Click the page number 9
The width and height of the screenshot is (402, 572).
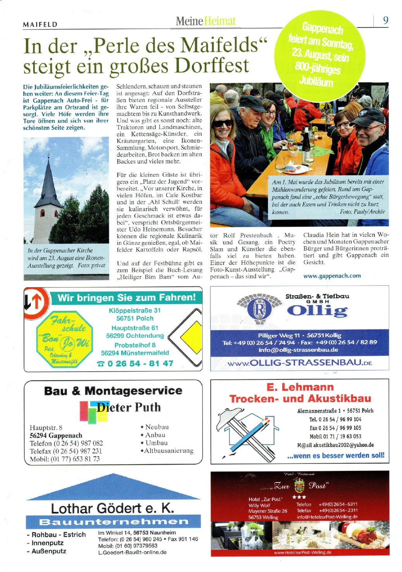click(385, 20)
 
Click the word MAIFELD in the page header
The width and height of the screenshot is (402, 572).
click(41, 25)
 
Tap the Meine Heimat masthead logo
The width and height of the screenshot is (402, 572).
click(205, 21)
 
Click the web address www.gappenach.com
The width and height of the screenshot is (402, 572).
click(332, 276)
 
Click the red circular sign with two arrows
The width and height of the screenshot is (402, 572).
click(36, 302)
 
